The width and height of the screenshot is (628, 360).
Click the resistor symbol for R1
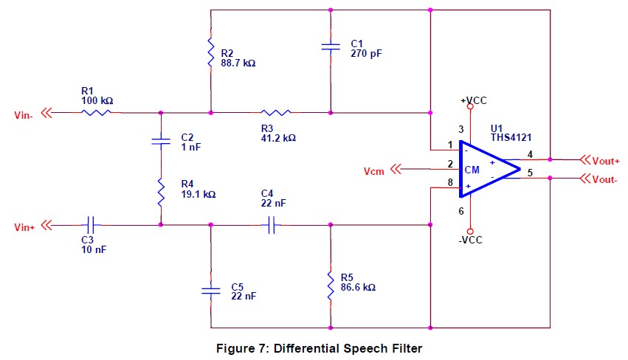[x=96, y=113]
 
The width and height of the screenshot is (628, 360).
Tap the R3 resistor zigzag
[x=276, y=113]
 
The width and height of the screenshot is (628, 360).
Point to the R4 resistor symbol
[x=160, y=194]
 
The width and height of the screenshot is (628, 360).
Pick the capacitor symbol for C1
[x=331, y=47]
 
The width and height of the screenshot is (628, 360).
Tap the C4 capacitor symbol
[x=272, y=224]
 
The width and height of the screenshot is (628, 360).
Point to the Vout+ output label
[x=604, y=159]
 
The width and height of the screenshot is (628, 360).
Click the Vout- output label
[x=604, y=179]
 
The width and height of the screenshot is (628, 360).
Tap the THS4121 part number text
[x=511, y=137]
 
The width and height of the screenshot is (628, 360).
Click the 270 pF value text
[x=367, y=54]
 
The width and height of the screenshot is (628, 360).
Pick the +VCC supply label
[x=473, y=100]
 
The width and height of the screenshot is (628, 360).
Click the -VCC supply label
[x=469, y=240]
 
